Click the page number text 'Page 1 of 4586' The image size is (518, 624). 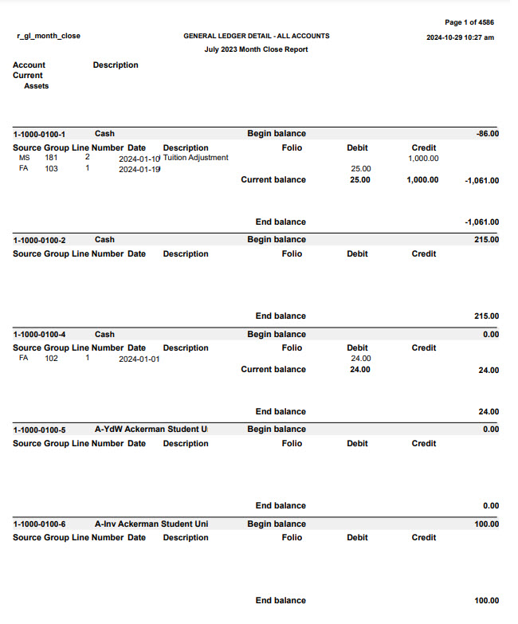coord(469,22)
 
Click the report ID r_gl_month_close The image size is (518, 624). coord(48,36)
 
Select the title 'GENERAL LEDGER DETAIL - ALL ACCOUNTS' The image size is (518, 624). coord(256,36)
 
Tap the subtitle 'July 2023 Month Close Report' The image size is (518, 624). coord(256,49)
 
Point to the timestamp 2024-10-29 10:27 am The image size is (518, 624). coord(460,37)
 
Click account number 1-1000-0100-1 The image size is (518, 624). coord(39,134)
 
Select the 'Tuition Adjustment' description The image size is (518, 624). coord(195,158)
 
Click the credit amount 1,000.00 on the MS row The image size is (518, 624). coord(423,159)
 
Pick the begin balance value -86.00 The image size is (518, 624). coord(487,134)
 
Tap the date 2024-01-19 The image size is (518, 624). coord(139,169)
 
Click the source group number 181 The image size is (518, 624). coord(51,158)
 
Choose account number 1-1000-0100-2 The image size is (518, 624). coord(39,240)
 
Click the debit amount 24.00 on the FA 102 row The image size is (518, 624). coord(360,359)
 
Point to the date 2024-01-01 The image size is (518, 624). coord(139,359)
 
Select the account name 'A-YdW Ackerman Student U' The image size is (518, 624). coord(151,430)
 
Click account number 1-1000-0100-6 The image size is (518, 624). coord(39,524)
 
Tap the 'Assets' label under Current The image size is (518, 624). coord(37,86)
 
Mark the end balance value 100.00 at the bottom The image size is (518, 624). coord(486,601)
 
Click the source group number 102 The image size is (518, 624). coord(51,359)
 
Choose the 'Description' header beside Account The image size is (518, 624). coord(116,65)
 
